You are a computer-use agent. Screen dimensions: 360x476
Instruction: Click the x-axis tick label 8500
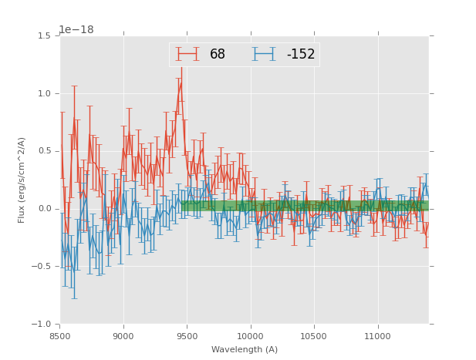[59, 335]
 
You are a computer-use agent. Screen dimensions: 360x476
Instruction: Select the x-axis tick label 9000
[123, 335]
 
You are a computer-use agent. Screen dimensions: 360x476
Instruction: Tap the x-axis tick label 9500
[187, 335]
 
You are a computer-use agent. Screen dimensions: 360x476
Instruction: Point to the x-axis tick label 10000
[250, 335]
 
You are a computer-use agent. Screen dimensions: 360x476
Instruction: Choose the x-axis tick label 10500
[314, 335]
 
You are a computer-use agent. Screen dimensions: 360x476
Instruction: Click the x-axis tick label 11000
[377, 335]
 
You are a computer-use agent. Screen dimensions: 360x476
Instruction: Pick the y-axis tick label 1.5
[44, 35]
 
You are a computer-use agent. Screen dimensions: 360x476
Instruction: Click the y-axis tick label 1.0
[44, 93]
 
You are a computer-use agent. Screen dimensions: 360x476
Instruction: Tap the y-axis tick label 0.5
[44, 151]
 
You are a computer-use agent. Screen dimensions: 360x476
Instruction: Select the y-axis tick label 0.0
[44, 209]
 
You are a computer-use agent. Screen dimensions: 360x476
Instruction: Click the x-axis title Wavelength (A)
[244, 349]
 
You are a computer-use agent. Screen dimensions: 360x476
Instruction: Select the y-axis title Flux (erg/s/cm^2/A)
[22, 180]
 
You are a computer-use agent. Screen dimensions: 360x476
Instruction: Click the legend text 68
[218, 55]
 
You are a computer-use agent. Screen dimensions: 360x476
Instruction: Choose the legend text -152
[301, 55]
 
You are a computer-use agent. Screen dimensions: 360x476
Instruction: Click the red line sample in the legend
[187, 54]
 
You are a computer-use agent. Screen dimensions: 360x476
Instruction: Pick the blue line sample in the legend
[265, 54]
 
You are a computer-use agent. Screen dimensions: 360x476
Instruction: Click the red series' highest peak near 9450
[181, 82]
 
